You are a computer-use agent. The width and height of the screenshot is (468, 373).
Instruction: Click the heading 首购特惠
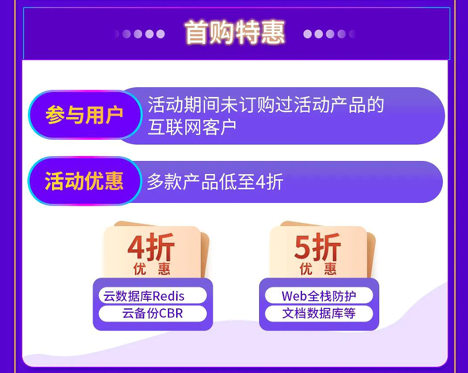click(234, 32)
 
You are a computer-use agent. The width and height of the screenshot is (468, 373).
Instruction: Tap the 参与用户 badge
click(85, 115)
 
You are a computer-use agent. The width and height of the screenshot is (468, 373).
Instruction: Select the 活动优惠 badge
click(84, 181)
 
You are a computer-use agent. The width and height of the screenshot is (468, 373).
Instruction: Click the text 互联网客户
click(192, 127)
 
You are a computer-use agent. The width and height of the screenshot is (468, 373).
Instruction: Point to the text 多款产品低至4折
click(215, 182)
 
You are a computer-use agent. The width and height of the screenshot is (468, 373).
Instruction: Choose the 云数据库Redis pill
click(152, 295)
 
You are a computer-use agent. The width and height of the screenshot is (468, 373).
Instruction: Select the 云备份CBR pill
click(152, 313)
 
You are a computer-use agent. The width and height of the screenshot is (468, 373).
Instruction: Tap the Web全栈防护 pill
click(319, 295)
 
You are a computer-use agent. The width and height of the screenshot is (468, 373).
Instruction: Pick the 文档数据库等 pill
click(319, 313)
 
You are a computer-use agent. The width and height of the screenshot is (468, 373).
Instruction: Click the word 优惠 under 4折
click(151, 268)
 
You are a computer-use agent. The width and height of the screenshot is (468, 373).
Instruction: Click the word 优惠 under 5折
click(318, 268)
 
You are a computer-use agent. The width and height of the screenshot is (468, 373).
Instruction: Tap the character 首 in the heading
click(197, 32)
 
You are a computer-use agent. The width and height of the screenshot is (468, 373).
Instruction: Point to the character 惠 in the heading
click(273, 32)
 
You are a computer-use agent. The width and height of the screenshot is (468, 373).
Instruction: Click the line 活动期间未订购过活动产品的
click(266, 105)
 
